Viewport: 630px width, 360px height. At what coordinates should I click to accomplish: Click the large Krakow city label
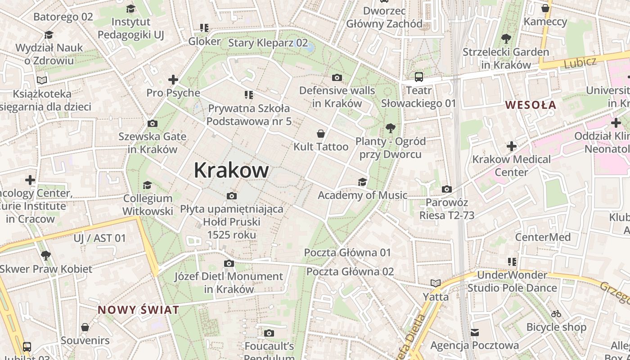[x=231, y=170]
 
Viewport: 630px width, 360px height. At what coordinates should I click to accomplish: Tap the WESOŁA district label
[x=531, y=105]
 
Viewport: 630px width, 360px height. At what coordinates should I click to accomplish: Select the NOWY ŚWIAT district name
[x=139, y=310]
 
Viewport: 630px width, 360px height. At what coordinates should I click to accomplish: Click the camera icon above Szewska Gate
[x=153, y=123]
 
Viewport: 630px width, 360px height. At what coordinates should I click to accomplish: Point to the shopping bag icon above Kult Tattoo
[x=321, y=134]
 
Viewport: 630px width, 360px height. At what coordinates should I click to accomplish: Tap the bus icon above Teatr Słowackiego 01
[x=419, y=77]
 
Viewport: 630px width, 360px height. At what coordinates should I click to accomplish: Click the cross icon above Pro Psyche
[x=173, y=80]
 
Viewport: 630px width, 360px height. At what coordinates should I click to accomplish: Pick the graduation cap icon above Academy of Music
[x=362, y=182]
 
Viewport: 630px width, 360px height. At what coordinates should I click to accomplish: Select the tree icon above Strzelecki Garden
[x=506, y=39]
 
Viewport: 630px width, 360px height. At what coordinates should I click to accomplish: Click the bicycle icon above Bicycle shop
[x=556, y=314]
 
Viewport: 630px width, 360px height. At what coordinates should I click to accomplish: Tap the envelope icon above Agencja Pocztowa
[x=475, y=333]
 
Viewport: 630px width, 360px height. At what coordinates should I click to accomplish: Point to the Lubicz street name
[x=580, y=62]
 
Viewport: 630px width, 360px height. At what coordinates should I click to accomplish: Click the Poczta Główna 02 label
[x=350, y=271]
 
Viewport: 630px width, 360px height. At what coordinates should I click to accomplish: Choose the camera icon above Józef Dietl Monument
[x=229, y=263]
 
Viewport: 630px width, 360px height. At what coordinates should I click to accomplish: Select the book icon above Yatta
[x=435, y=283]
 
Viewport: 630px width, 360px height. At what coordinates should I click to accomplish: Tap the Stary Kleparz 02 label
[x=268, y=43]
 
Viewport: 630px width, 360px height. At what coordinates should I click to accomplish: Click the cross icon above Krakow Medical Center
[x=511, y=146]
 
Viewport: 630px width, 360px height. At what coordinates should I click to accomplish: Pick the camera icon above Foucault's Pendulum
[x=269, y=333]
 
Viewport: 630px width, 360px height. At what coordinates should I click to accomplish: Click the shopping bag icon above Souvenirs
[x=85, y=327]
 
